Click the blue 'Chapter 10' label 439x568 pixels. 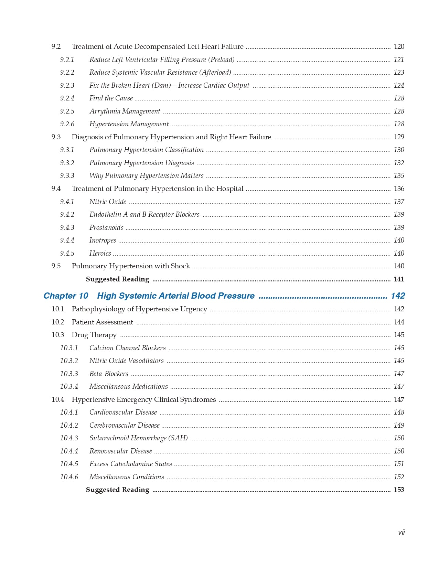click(x=66, y=296)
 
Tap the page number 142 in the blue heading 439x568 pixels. click(x=398, y=296)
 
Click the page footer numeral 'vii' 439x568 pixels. click(x=401, y=533)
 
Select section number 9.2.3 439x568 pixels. click(x=67, y=85)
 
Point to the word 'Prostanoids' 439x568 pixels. click(x=106, y=227)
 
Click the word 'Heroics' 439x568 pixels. click(x=100, y=253)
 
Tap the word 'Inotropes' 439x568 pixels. click(x=103, y=240)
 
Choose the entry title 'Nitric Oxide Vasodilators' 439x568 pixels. click(x=126, y=361)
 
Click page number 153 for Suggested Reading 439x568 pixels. click(x=399, y=490)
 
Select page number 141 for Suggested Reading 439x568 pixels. click(x=399, y=279)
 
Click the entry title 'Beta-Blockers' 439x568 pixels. click(x=109, y=374)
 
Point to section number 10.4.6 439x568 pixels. click(x=69, y=477)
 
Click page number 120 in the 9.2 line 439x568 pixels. click(x=399, y=46)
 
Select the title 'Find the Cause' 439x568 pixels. click(x=111, y=98)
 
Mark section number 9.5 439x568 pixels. click(x=56, y=266)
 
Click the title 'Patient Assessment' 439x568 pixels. click(x=102, y=322)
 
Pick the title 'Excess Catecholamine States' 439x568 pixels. click(x=130, y=464)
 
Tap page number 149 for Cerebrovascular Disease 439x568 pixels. click(x=399, y=425)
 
